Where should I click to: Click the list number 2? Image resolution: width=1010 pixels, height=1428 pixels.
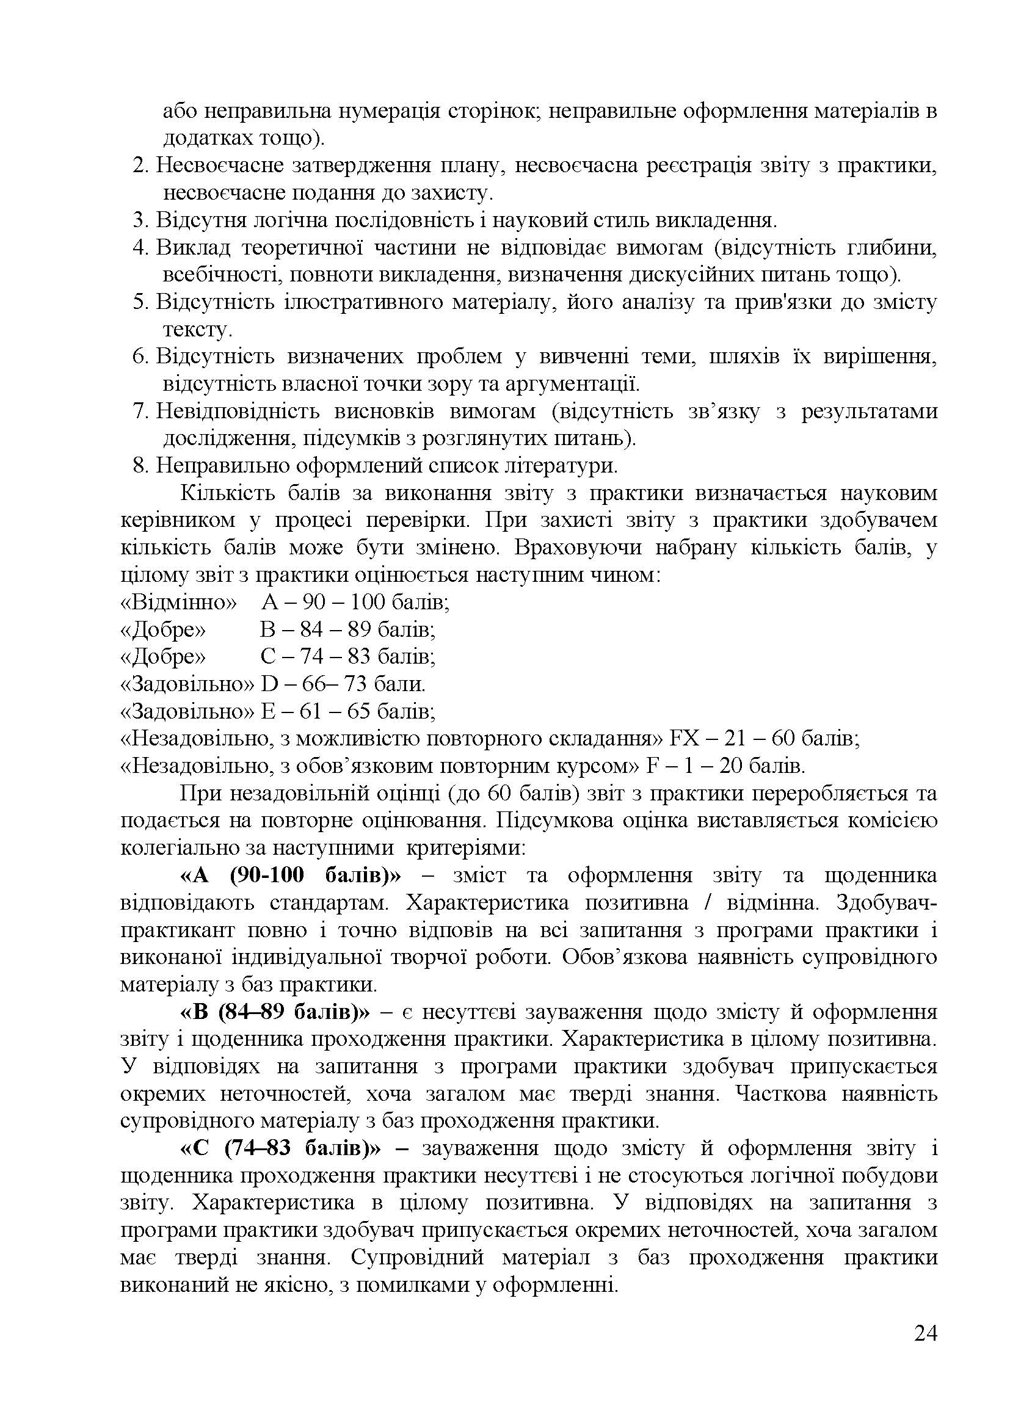pos(141,165)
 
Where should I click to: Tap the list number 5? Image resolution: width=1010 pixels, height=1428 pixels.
pos(141,302)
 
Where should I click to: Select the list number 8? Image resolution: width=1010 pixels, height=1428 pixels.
pos(141,465)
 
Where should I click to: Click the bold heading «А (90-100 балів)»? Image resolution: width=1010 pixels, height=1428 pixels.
pos(291,875)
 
